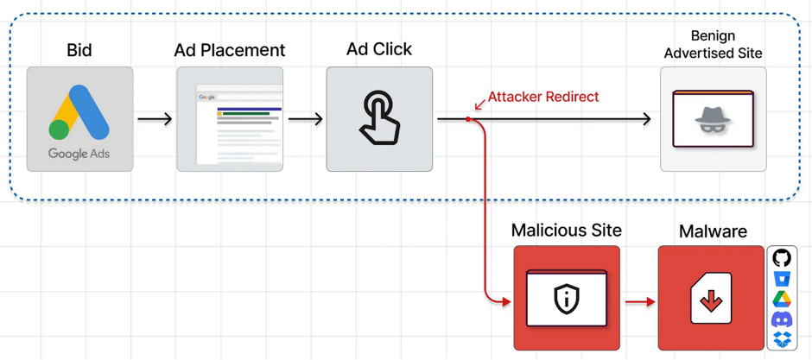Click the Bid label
(79, 50)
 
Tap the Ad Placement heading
(230, 50)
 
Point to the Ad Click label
(379, 49)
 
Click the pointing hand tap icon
(379, 119)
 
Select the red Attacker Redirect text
(542, 97)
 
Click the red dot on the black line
(468, 119)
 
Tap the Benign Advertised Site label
(713, 44)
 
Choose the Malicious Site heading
(566, 231)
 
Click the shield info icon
(567, 299)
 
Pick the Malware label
(713, 231)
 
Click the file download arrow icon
(711, 300)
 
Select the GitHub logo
(782, 258)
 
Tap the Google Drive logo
(782, 299)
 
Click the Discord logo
(782, 319)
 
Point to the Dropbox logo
(782, 339)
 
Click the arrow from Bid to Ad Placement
(155, 119)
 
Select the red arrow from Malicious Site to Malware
(639, 302)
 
